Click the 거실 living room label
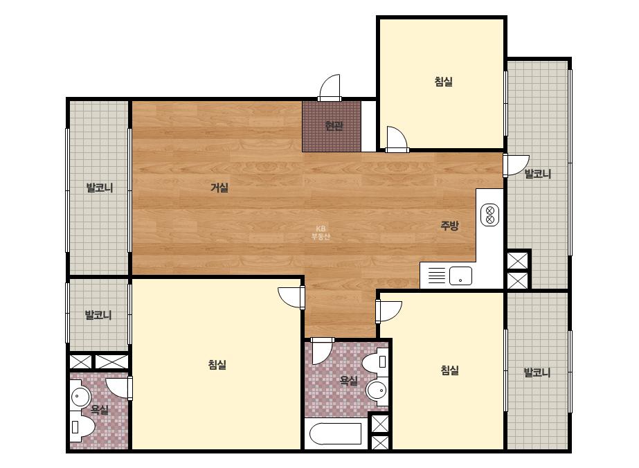coord(219,188)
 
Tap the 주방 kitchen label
coord(449,226)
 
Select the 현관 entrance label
coord(334,125)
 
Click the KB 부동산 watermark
coord(321,233)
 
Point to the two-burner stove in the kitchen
coord(490,215)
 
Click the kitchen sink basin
coord(460,276)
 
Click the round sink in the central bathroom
coord(377,390)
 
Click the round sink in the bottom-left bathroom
coord(81,396)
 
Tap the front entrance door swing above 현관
coord(330,88)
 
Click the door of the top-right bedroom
coord(397,139)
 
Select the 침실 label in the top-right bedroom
coord(443,82)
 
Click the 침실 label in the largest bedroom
coord(217,364)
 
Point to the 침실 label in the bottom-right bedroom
coord(449,370)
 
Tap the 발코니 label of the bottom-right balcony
coord(537,372)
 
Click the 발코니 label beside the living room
coord(100,188)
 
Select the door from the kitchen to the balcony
coord(516,165)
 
